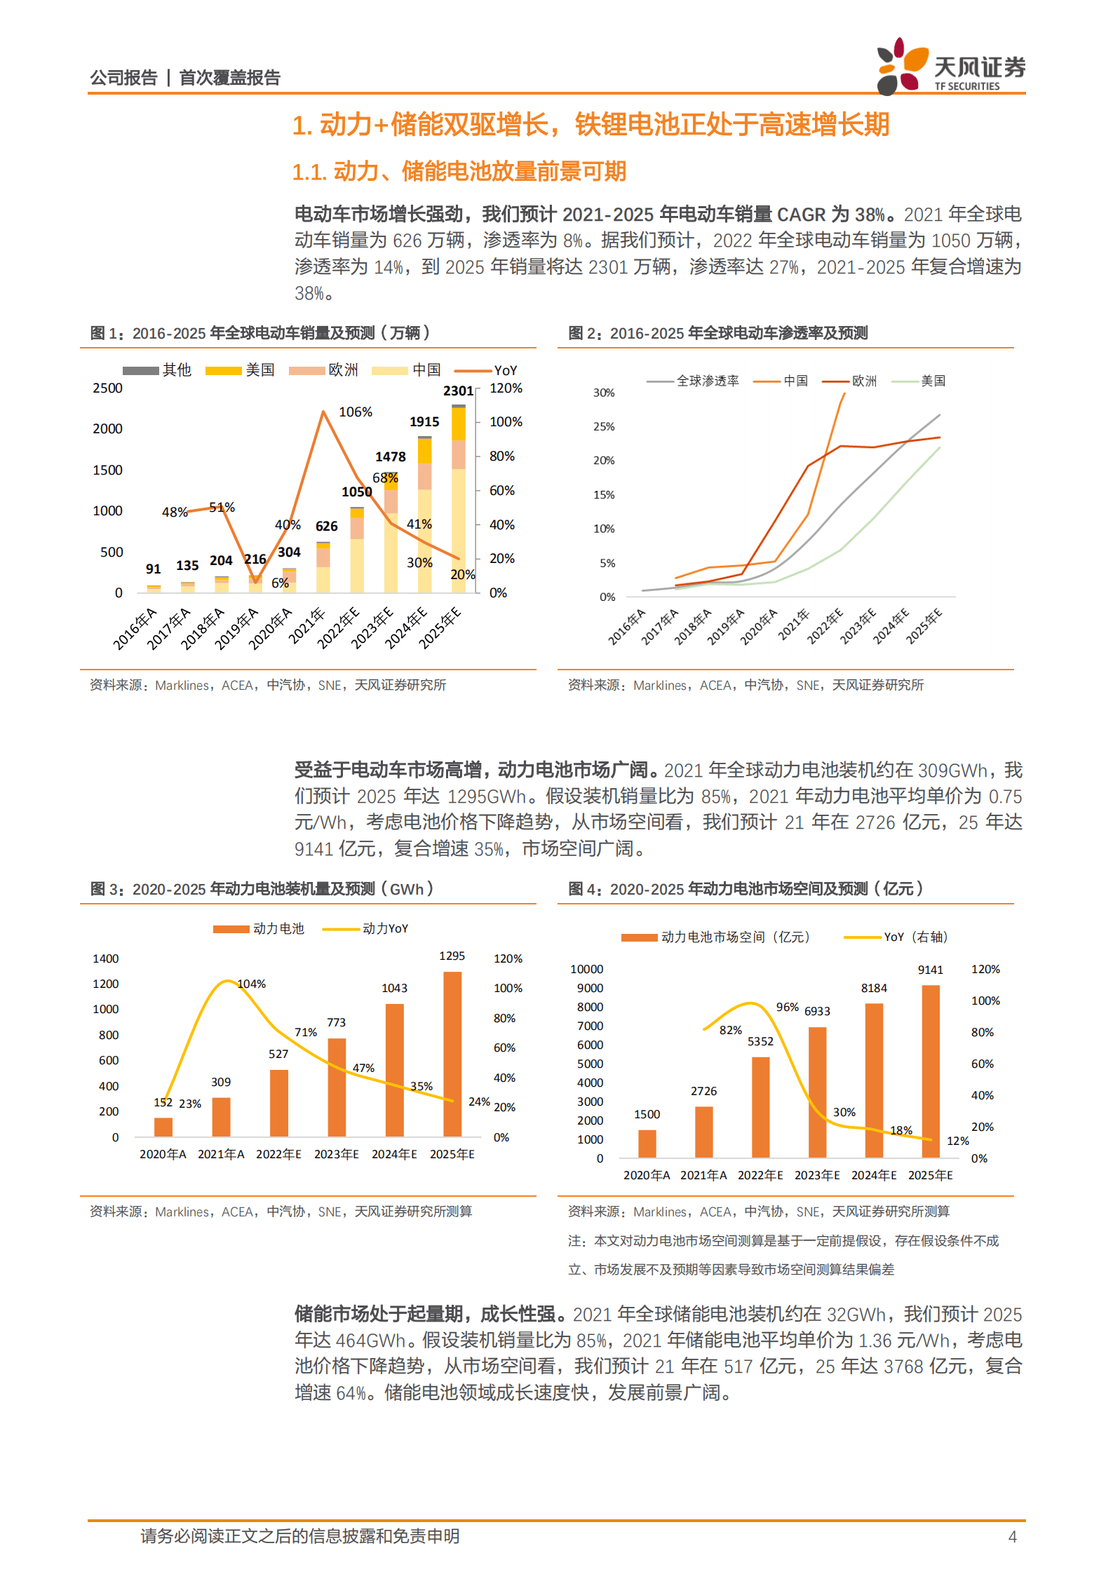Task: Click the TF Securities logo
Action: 950,67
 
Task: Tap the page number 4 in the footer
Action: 1012,1537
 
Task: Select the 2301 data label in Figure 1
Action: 458,391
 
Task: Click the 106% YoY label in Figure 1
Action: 356,412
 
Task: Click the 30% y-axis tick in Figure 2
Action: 604,393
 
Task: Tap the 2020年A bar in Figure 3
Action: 163,1127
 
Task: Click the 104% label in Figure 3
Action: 252,984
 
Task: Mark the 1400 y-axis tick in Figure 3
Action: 106,958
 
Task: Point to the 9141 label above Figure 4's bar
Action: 931,970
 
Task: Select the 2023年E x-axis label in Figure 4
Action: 817,1175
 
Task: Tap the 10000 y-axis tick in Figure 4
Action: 586,969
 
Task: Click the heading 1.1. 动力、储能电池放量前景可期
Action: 459,171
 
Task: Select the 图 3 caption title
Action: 262,889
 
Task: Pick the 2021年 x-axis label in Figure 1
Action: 308,626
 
